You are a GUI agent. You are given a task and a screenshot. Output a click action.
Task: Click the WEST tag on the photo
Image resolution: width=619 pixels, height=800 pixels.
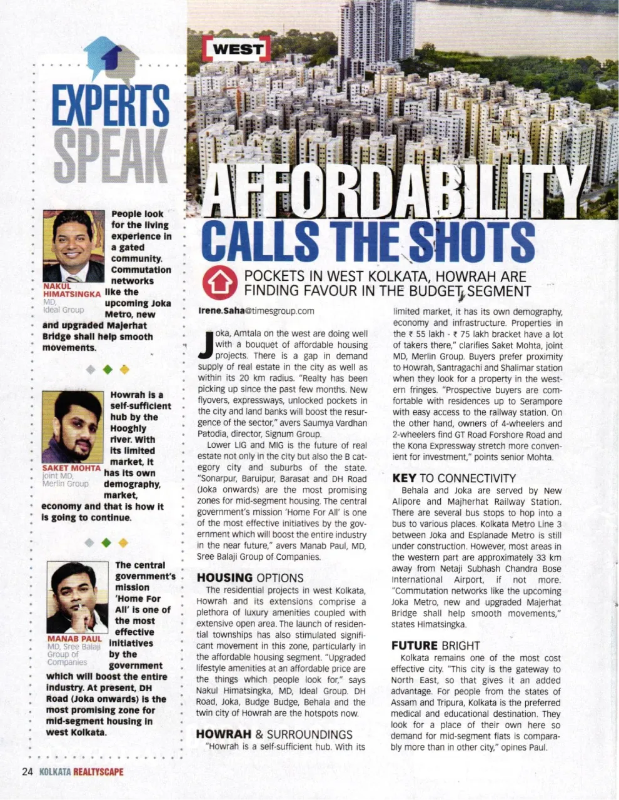(237, 49)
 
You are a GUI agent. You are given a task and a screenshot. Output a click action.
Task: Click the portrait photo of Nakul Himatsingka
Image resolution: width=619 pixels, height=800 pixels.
(73, 246)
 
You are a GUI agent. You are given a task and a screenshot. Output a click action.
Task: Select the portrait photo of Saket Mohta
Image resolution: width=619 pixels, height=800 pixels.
(72, 427)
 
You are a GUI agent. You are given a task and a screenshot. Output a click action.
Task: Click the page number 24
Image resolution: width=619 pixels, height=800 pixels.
(27, 771)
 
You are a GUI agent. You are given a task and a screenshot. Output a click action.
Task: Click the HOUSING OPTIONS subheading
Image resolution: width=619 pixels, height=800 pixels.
(250, 578)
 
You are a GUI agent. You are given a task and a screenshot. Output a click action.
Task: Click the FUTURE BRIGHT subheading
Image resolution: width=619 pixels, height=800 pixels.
(435, 646)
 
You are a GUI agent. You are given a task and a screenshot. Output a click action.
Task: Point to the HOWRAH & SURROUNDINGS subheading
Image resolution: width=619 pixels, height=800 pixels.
(274, 734)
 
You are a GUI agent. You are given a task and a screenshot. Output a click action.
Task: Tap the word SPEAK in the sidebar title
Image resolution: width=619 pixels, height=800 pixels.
(110, 156)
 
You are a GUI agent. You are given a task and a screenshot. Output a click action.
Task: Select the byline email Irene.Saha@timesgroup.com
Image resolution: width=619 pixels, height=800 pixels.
(256, 310)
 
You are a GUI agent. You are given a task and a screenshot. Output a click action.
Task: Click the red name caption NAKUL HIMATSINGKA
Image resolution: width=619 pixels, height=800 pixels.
(71, 290)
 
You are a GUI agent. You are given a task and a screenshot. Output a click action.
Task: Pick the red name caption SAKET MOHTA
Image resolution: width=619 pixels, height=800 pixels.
(71, 468)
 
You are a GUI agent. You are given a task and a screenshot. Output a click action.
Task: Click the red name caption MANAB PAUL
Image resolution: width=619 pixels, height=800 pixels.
(74, 639)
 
